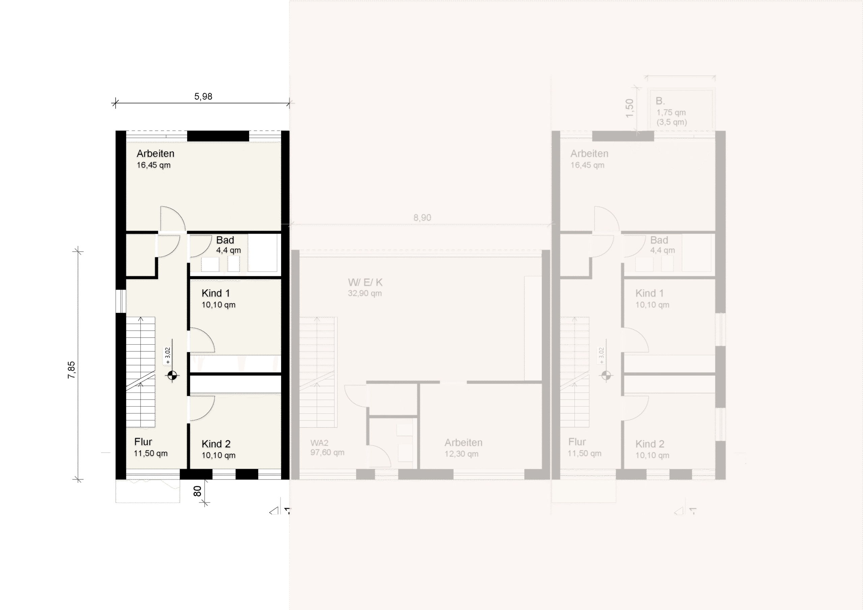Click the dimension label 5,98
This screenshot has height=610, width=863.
203,97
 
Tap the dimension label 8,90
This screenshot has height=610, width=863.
422,218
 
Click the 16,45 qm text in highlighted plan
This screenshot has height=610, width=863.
153,165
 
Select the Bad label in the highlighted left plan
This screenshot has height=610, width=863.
225,240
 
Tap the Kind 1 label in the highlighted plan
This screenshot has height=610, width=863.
216,293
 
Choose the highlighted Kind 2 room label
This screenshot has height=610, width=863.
216,444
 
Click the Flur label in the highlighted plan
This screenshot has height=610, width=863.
143,442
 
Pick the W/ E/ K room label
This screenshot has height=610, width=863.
365,283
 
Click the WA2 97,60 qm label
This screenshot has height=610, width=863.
327,447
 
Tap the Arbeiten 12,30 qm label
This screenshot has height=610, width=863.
463,447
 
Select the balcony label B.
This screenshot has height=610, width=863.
660,101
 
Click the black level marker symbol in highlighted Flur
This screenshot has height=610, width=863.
172,375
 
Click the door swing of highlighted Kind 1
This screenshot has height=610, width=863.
202,340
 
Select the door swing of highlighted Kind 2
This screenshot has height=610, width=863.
202,408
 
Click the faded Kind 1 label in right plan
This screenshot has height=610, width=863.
649,293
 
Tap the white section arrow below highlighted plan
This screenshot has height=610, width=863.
274,511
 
